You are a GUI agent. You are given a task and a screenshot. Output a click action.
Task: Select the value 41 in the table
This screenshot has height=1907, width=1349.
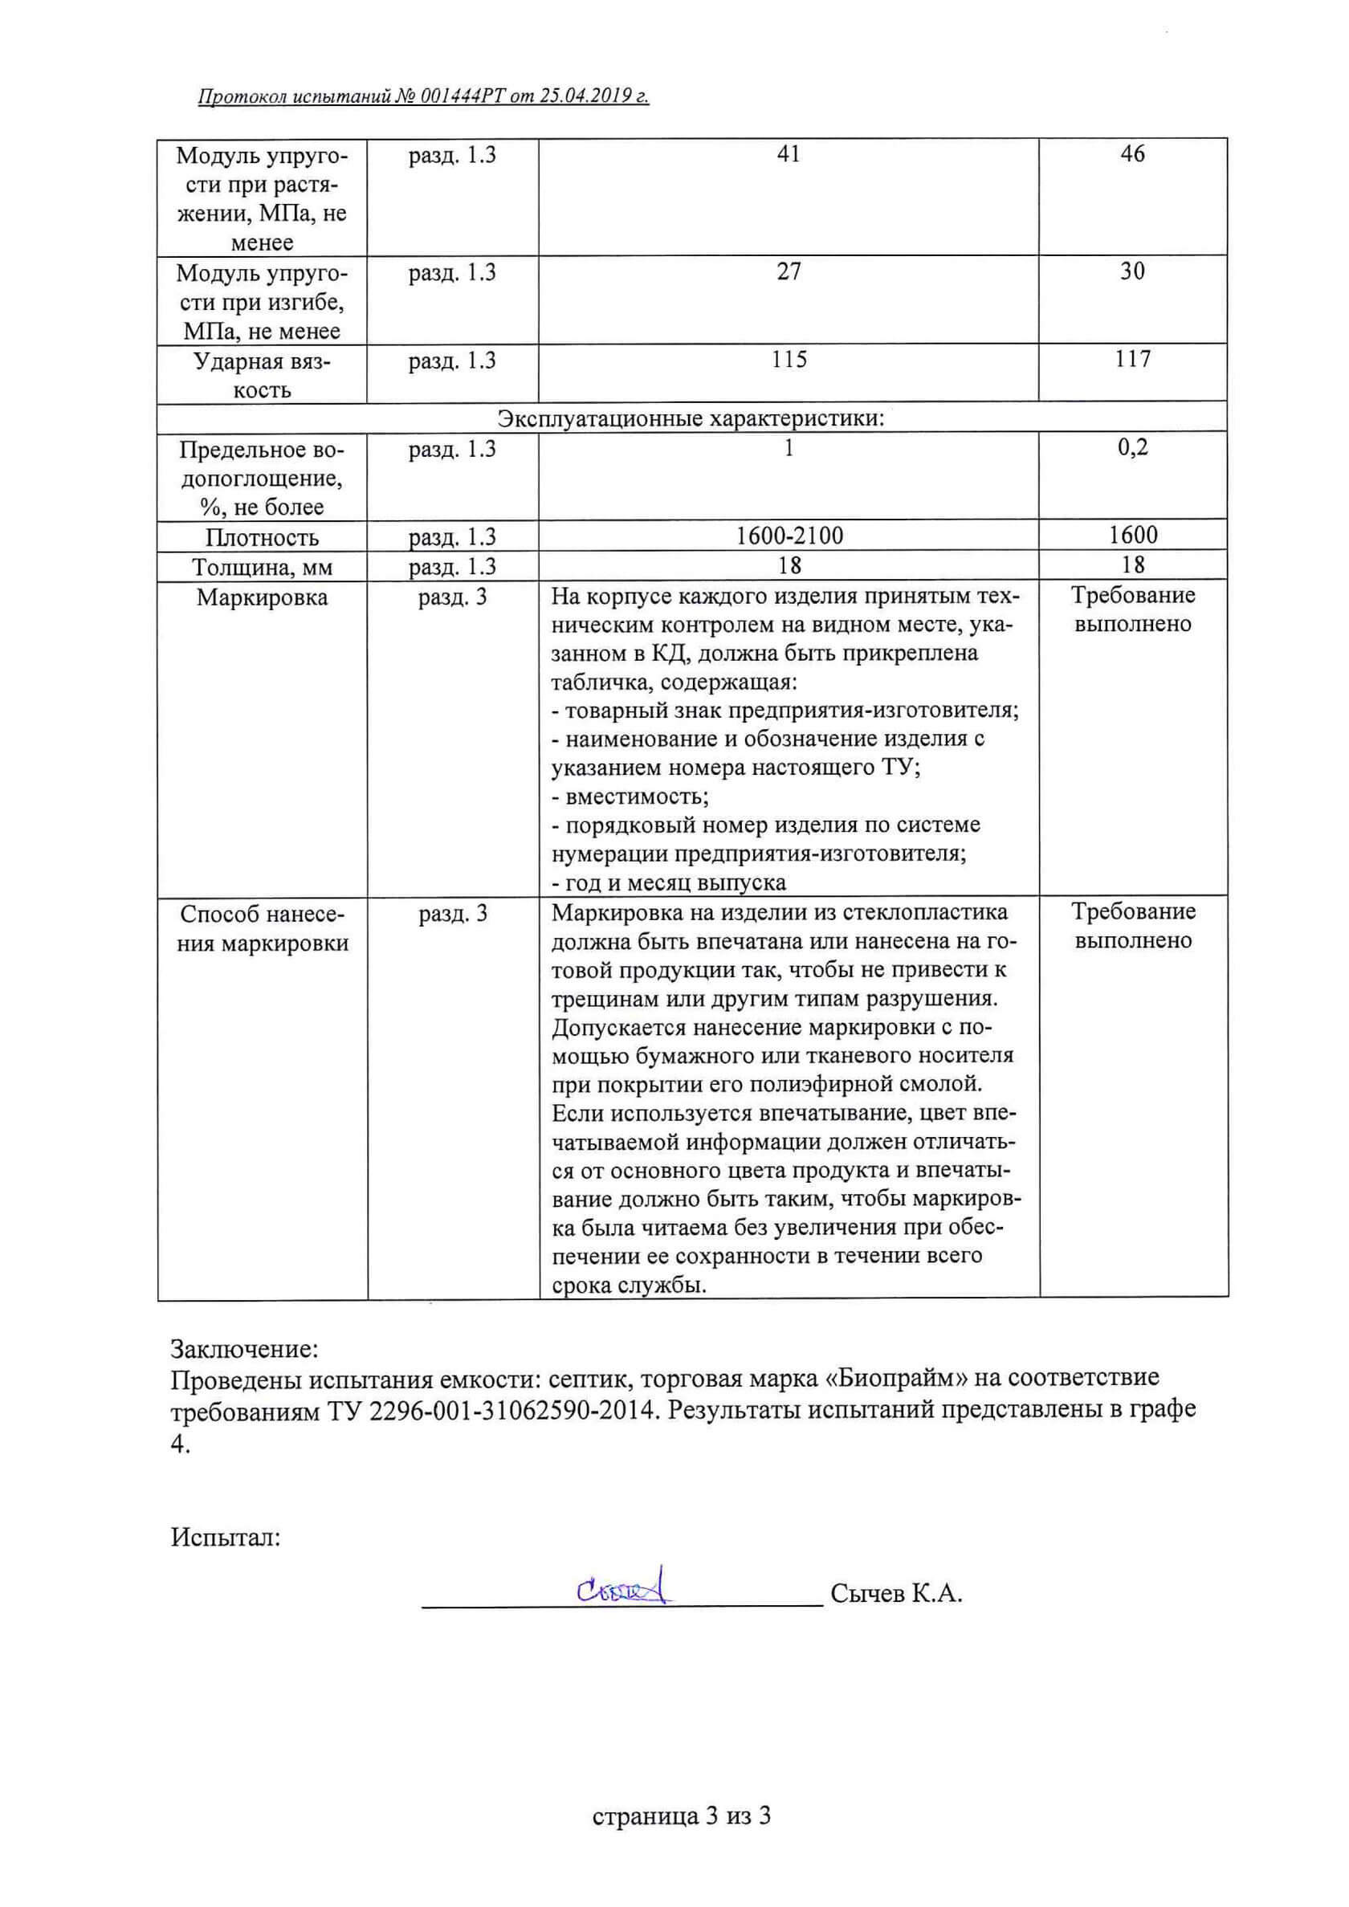789,153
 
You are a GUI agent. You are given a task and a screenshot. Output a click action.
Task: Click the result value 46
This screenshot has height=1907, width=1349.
1132,153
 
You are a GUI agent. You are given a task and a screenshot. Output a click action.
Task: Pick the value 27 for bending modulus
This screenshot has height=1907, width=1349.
789,271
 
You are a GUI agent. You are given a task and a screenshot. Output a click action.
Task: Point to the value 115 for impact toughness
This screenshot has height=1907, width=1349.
789,360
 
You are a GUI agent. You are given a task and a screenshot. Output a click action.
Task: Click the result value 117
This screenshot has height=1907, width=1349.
1132,360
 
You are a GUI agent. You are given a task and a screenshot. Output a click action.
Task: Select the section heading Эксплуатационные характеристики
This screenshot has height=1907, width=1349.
691,418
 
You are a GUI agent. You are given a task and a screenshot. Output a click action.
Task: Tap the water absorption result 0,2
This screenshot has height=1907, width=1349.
1132,448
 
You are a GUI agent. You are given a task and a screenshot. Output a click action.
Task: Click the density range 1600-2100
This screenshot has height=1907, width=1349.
789,536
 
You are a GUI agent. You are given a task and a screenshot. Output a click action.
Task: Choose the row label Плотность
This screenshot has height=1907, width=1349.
262,537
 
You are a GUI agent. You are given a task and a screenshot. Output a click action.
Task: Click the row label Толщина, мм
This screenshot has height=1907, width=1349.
262,568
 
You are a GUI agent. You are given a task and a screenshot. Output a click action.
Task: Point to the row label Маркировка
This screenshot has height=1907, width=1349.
262,597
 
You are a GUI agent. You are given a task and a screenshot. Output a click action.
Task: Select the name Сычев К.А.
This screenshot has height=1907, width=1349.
896,1594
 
